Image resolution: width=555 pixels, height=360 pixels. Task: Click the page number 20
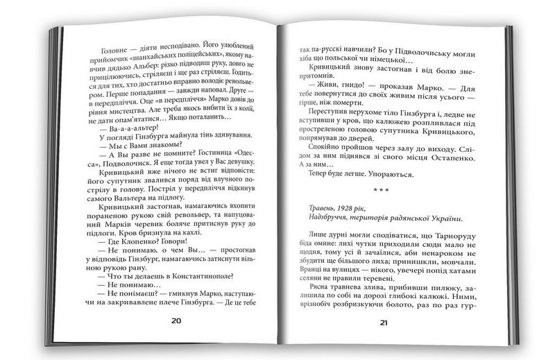tap(176, 320)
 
